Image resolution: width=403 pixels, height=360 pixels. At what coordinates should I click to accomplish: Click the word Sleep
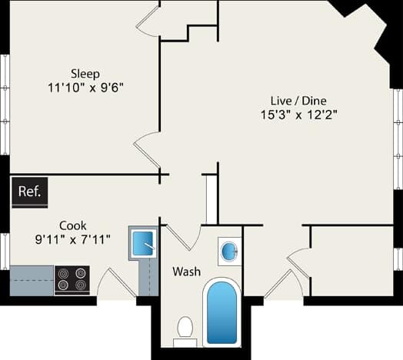tap(85, 74)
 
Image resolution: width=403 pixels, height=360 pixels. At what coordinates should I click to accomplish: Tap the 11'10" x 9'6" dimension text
tap(85, 88)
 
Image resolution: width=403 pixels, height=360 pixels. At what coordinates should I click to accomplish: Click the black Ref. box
tap(29, 192)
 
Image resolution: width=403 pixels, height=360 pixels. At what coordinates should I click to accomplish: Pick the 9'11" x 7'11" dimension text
tap(74, 239)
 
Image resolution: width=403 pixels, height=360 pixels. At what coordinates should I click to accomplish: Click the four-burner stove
tap(72, 280)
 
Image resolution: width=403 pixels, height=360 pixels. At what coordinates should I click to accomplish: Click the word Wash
tap(187, 272)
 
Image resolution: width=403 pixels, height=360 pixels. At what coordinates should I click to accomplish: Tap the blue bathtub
tap(221, 312)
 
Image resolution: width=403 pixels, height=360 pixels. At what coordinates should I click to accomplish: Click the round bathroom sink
tap(229, 249)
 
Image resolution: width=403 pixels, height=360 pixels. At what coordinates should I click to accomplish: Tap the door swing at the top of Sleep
tap(148, 21)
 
